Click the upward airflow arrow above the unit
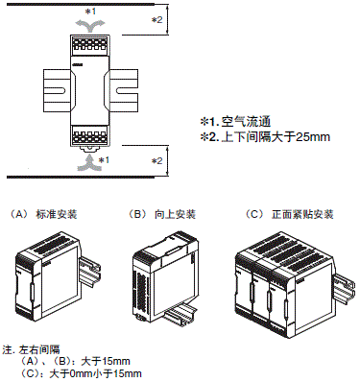point(90,26)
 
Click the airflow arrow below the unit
point(90,162)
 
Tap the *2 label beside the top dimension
point(156,20)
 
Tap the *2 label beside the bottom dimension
point(156,160)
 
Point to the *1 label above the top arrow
point(90,12)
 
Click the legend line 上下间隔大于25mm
point(276,137)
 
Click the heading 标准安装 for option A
point(57,214)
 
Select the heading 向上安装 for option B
point(175,214)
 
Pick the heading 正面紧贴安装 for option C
point(302,214)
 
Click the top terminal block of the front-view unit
point(90,44)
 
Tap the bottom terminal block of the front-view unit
point(90,135)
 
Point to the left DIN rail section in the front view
point(58,90)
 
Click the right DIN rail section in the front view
point(124,90)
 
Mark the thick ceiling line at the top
point(81,5)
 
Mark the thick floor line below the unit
point(81,177)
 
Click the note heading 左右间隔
point(39,349)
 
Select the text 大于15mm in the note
point(106,362)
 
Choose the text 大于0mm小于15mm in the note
point(96,373)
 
